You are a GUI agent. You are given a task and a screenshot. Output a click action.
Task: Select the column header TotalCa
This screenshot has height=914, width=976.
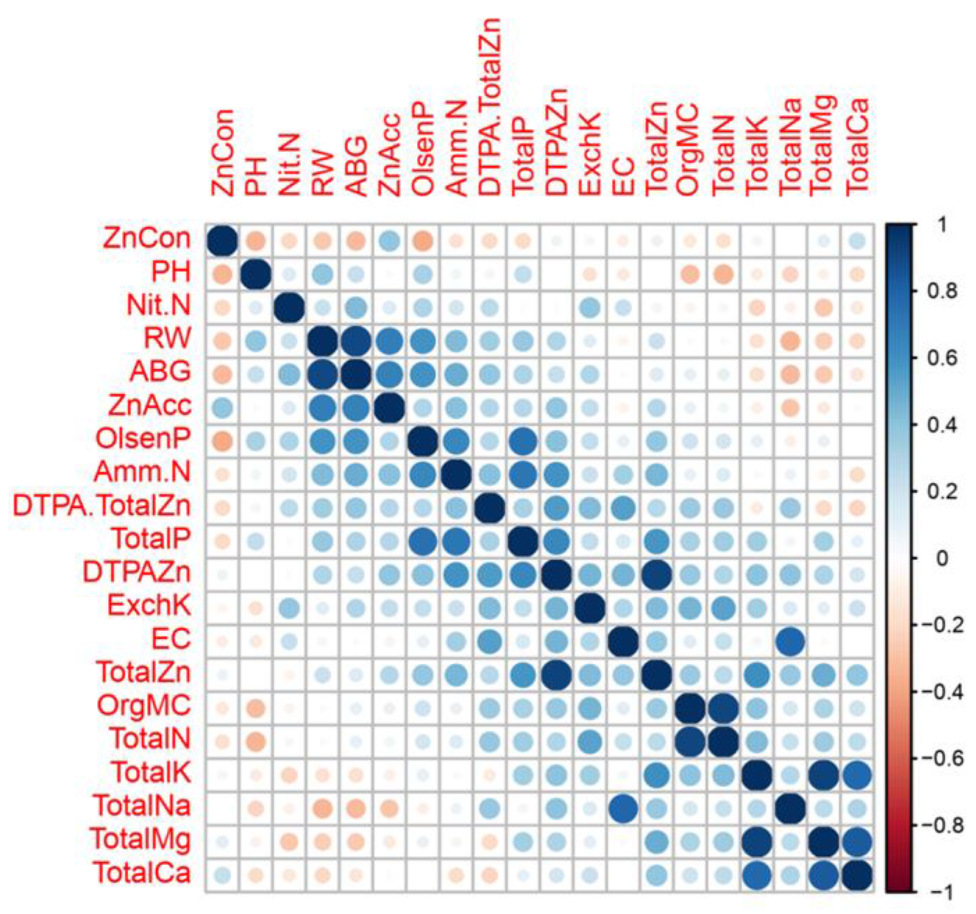pos(857,147)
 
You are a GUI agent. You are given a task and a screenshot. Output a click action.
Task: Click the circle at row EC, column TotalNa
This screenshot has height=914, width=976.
pos(790,641)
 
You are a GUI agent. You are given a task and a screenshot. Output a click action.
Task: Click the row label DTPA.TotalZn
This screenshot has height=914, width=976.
pos(102,506)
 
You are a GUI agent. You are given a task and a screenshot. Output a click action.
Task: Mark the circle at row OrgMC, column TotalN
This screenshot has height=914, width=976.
pos(724,708)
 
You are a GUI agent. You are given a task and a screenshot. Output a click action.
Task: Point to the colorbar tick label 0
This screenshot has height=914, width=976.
pos(942,558)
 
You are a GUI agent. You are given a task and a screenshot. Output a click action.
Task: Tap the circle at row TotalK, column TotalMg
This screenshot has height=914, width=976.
pos(824,775)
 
